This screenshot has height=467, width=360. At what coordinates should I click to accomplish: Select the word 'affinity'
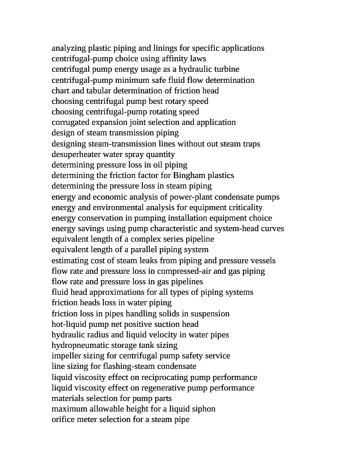(174, 58)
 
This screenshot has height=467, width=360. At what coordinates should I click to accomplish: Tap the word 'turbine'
(225, 69)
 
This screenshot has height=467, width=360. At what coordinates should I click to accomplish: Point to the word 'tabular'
(102, 90)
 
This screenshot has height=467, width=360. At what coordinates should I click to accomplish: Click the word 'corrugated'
(71, 122)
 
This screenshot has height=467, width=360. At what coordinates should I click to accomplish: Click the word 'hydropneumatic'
(80, 345)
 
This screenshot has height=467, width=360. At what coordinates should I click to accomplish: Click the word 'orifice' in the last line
(64, 419)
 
